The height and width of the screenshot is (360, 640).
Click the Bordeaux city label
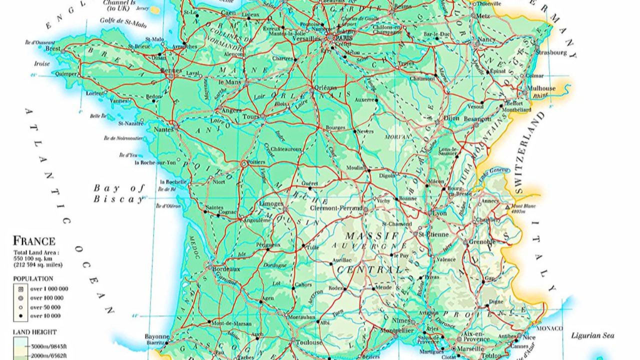point(227,269)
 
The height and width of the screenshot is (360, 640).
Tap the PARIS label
point(344,38)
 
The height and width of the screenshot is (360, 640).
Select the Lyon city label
point(439,213)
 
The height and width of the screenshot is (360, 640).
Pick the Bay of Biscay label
point(119,193)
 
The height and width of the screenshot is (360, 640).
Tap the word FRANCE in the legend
point(34,241)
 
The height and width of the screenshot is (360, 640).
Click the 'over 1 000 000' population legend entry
point(49,289)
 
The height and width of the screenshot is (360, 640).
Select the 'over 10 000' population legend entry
point(45,316)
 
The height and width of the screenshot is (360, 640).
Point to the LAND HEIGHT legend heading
point(35,332)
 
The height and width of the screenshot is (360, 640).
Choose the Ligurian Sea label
point(592,336)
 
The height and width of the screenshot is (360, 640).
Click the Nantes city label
point(163,129)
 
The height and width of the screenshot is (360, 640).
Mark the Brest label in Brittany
point(52,49)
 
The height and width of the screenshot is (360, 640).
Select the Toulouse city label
point(309,343)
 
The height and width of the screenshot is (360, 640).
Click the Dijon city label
point(451,118)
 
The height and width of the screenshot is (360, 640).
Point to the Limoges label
point(271,204)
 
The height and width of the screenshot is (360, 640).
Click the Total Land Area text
point(36,253)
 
